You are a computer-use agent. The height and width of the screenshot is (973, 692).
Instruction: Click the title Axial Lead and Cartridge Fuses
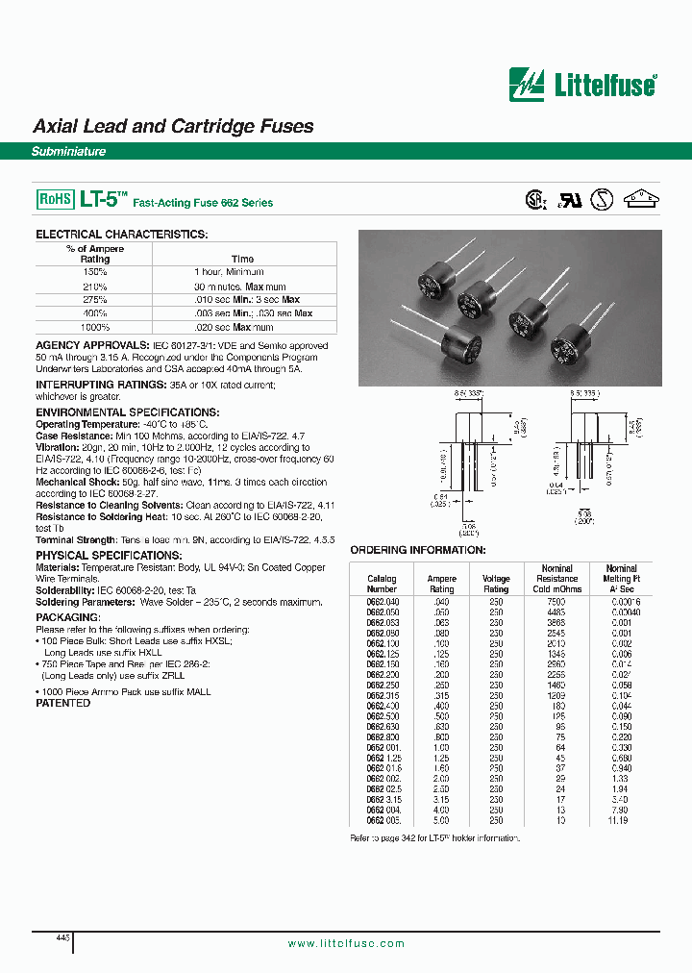coord(173,126)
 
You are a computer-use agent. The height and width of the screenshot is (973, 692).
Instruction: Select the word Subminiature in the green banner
coord(68,152)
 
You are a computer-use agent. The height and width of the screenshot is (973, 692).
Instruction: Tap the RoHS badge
coord(55,199)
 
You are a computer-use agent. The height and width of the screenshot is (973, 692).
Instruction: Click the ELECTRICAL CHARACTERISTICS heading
coord(121,235)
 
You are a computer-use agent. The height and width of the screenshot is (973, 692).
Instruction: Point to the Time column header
coord(242,259)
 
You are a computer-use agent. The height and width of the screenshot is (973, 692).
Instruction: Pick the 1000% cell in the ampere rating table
coord(95,327)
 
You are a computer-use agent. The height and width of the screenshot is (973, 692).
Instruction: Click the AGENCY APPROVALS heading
coord(92,345)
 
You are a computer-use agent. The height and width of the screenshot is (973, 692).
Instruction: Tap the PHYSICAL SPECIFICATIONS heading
coord(108,556)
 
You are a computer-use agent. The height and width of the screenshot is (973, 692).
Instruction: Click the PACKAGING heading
coord(67,617)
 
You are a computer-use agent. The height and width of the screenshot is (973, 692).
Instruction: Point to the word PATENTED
coord(62,703)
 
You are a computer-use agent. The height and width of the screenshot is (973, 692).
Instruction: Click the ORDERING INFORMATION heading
coord(417,550)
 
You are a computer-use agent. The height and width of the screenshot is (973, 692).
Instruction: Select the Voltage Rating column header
coord(496,584)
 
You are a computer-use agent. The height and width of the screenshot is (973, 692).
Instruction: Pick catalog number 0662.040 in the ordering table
coord(382,600)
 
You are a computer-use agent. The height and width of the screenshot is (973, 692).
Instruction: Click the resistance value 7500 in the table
coord(556,600)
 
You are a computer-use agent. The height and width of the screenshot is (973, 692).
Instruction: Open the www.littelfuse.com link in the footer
coord(346,944)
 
